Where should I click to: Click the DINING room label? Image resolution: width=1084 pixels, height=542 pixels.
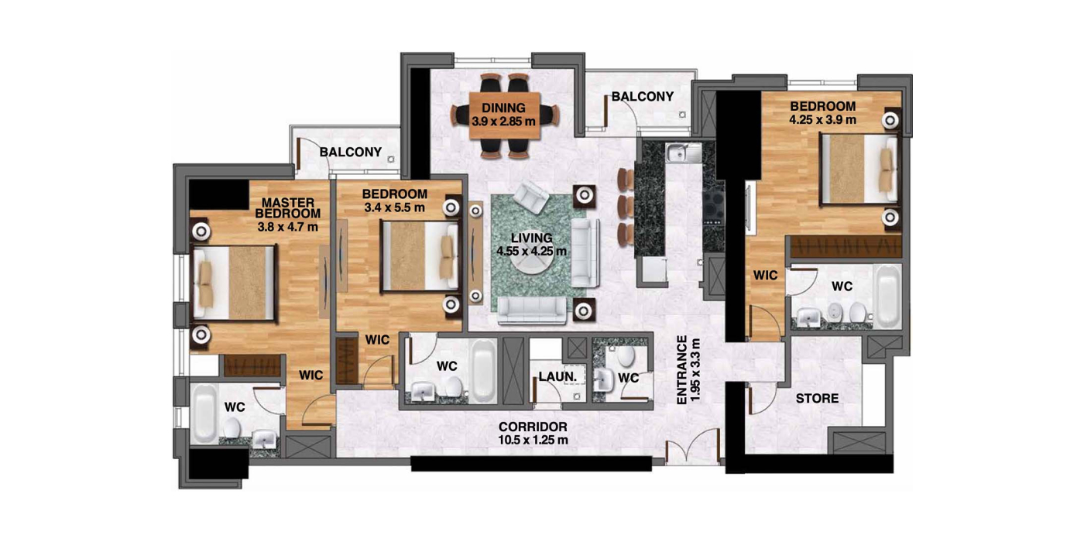click(503, 108)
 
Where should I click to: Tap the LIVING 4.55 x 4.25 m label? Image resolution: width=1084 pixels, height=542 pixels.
click(531, 245)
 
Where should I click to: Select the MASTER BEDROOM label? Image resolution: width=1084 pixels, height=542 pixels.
click(288, 208)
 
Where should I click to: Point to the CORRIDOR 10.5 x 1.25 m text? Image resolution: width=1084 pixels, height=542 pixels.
click(533, 433)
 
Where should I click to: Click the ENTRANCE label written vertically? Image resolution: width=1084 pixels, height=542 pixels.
click(682, 370)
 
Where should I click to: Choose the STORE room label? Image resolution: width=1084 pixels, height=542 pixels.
click(818, 398)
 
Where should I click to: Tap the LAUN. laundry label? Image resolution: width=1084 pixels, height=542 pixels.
click(557, 376)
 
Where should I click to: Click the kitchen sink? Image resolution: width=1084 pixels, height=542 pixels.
click(683, 153)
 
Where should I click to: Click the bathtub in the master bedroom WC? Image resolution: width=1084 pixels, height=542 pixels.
click(204, 413)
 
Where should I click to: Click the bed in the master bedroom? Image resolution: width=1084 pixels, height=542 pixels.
click(234, 283)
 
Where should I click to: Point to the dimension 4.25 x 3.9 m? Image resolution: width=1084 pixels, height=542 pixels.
click(822, 119)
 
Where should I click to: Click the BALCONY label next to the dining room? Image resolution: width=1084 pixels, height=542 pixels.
click(642, 97)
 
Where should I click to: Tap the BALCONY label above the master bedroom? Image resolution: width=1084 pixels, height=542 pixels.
click(350, 152)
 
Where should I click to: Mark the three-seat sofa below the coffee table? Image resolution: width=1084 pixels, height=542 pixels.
click(532, 310)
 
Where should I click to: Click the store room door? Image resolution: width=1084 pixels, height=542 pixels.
click(762, 400)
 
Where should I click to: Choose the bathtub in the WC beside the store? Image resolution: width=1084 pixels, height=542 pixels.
click(889, 297)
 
